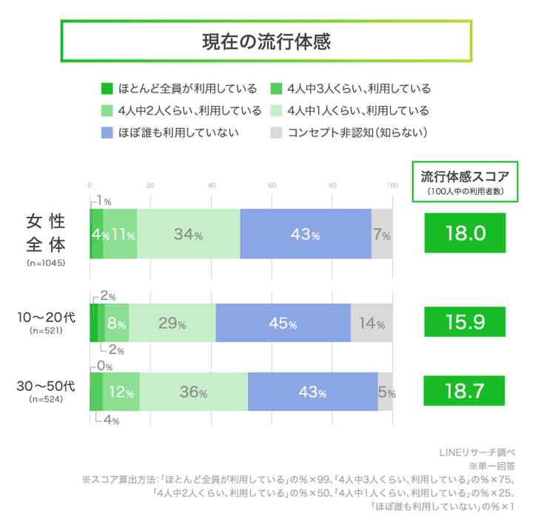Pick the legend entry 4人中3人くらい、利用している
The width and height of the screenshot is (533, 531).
(351, 89)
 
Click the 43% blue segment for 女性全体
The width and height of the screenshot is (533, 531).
(305, 234)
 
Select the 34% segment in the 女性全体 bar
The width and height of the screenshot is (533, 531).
(188, 234)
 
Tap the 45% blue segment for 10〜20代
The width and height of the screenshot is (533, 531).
(283, 324)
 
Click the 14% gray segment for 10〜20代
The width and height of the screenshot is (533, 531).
(371, 324)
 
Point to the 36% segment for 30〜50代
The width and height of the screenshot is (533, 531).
(193, 393)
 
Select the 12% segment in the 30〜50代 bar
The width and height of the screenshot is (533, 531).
(121, 393)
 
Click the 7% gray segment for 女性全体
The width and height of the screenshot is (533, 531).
(382, 234)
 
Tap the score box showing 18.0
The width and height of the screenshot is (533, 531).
(465, 233)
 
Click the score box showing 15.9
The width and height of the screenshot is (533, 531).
(465, 323)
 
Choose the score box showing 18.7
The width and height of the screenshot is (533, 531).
(465, 391)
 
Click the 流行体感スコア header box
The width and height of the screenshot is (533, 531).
(465, 181)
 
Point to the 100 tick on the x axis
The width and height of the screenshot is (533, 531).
(393, 185)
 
